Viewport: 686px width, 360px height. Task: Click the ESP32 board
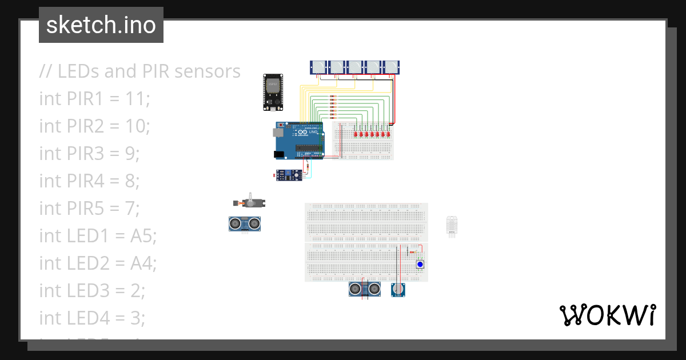(273, 92)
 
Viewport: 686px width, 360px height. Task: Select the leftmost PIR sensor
(319, 67)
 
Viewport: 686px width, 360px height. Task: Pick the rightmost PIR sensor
(391, 67)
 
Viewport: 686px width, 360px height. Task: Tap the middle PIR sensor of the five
(355, 67)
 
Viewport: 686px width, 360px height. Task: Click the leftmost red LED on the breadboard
(355, 134)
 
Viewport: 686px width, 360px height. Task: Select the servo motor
(252, 203)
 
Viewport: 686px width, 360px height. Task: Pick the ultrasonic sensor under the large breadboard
(365, 289)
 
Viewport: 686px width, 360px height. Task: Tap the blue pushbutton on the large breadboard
(420, 265)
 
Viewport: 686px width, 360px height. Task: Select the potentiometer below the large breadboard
(398, 290)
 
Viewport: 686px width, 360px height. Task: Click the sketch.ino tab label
(101, 25)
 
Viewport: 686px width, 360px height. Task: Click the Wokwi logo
(607, 315)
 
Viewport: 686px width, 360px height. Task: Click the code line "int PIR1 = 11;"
(94, 98)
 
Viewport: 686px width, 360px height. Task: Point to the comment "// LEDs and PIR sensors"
(140, 71)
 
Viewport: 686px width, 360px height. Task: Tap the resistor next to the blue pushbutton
(413, 252)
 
